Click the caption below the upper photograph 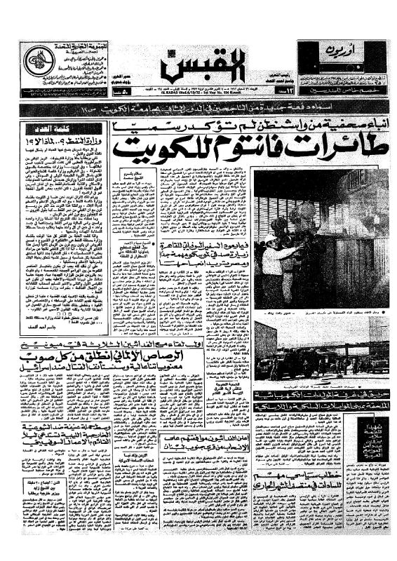coord(320,311)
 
